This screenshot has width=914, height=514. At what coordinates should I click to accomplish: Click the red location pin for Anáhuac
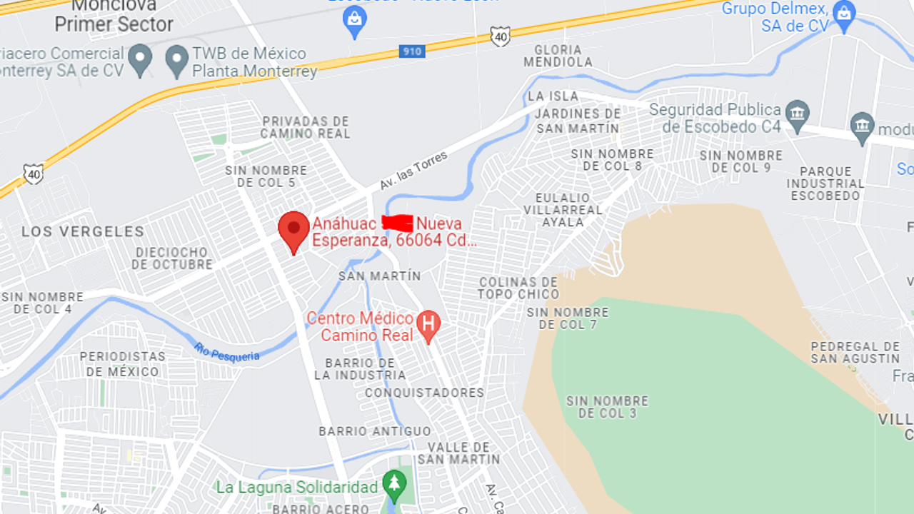pyautogui.click(x=293, y=228)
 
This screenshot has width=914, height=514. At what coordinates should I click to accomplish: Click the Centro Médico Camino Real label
pyautogui.click(x=361, y=327)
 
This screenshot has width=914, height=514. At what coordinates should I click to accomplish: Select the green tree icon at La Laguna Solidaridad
pyautogui.click(x=393, y=485)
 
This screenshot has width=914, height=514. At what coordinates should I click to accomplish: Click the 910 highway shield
pyautogui.click(x=412, y=51)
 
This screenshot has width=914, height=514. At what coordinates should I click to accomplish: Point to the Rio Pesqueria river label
pyautogui.click(x=226, y=352)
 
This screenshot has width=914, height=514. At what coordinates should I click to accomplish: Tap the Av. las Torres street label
pyautogui.click(x=413, y=170)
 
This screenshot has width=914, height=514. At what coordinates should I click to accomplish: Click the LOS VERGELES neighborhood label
pyautogui.click(x=83, y=231)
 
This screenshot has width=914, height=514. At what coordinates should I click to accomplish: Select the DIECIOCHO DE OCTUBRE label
pyautogui.click(x=172, y=258)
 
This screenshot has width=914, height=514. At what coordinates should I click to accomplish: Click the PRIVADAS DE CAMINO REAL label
pyautogui.click(x=305, y=128)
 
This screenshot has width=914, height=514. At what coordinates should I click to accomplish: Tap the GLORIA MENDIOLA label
pyautogui.click(x=558, y=56)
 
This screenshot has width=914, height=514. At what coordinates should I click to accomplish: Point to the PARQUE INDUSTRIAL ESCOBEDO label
pyautogui.click(x=825, y=183)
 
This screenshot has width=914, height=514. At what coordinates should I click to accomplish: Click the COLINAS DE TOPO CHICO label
pyautogui.click(x=518, y=288)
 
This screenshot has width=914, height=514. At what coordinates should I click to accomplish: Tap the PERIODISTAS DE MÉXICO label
pyautogui.click(x=123, y=364)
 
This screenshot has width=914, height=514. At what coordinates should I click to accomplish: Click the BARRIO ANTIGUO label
pyautogui.click(x=375, y=431)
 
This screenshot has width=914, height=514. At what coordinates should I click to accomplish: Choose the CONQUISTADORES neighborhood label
pyautogui.click(x=424, y=393)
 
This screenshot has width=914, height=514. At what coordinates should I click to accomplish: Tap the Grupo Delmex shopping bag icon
pyautogui.click(x=844, y=15)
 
